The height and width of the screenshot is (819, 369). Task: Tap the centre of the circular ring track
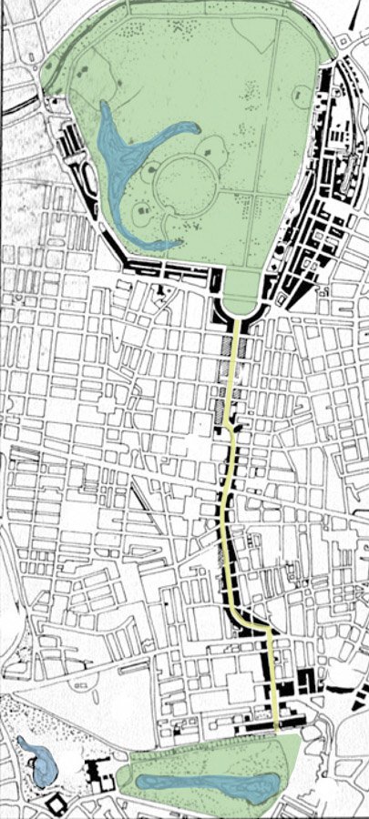tap(186, 186)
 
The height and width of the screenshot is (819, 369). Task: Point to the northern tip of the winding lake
tap(103, 104)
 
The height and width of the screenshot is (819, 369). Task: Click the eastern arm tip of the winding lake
tap(195, 128)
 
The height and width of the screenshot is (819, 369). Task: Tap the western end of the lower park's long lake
tap(138, 782)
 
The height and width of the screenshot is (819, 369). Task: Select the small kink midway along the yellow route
tap(231, 435)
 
